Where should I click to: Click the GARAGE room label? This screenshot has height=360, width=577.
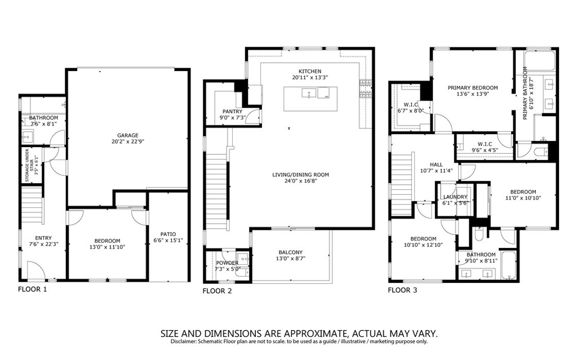[x=128, y=135]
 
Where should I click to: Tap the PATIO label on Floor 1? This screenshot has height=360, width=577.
[x=168, y=234]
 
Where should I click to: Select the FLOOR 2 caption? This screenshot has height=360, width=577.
[x=217, y=291]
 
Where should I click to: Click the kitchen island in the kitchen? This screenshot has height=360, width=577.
[x=310, y=99]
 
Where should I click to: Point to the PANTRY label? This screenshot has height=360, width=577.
[x=233, y=112]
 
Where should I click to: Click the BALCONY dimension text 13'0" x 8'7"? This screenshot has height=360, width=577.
[x=291, y=259]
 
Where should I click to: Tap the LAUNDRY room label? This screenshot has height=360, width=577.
[x=455, y=197]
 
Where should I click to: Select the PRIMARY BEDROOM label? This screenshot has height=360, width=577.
[x=473, y=88]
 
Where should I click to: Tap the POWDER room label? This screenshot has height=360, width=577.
[x=227, y=263]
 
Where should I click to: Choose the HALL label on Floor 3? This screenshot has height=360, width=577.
[x=437, y=165]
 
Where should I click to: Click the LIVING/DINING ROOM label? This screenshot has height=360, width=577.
[x=301, y=175]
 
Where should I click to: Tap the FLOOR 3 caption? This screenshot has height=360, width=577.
[x=402, y=290]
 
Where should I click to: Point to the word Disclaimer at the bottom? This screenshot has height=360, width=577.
[x=183, y=341]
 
